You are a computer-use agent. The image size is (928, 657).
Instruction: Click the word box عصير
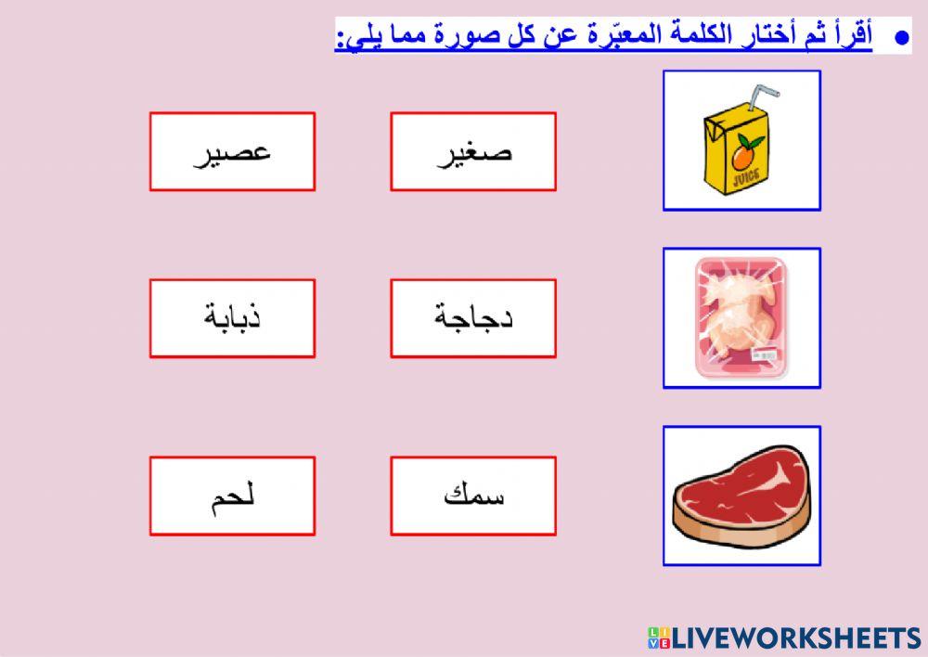point(232,151)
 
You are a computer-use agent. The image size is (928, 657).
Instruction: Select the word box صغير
point(473,151)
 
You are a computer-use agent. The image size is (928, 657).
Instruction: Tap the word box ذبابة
point(232,318)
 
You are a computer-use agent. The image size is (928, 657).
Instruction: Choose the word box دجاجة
point(473,318)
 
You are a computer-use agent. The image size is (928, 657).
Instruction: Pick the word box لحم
point(232,496)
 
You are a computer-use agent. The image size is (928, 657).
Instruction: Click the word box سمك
point(473,496)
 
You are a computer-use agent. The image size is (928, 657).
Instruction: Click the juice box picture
point(741,140)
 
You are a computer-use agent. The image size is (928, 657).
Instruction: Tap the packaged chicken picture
point(741,317)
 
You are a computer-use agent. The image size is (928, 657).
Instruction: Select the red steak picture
point(741,496)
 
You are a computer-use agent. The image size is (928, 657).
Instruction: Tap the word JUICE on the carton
point(744,173)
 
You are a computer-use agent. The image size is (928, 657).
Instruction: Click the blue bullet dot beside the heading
point(898,38)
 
